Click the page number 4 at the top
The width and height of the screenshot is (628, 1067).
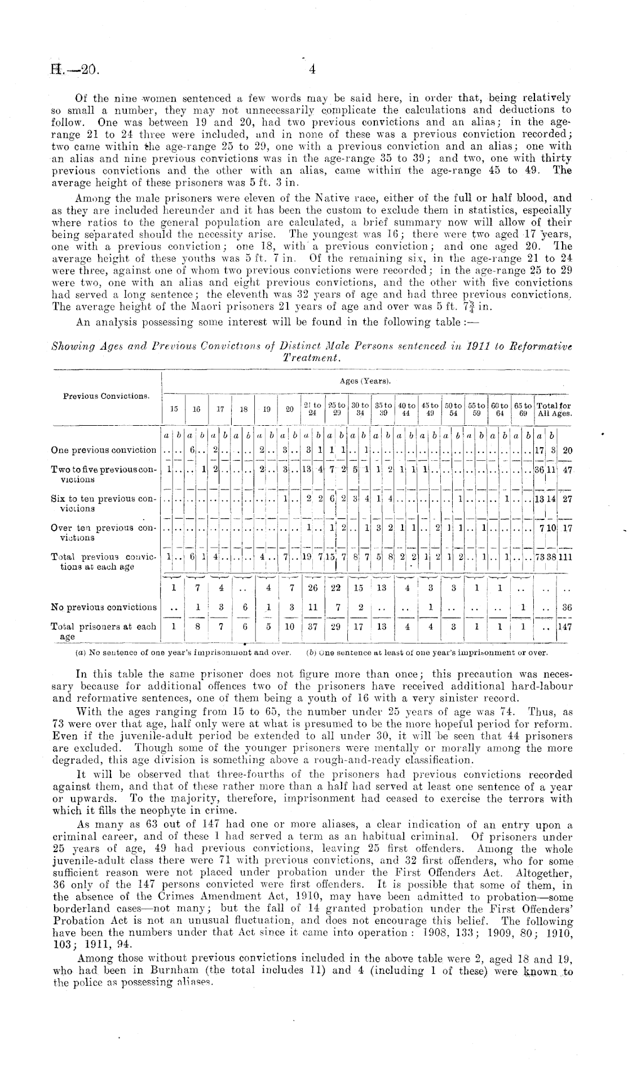click(x=311, y=70)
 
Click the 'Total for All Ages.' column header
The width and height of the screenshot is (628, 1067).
click(x=554, y=408)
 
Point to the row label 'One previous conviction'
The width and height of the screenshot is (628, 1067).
click(x=104, y=450)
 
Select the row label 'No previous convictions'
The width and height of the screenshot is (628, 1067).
click(x=104, y=607)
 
